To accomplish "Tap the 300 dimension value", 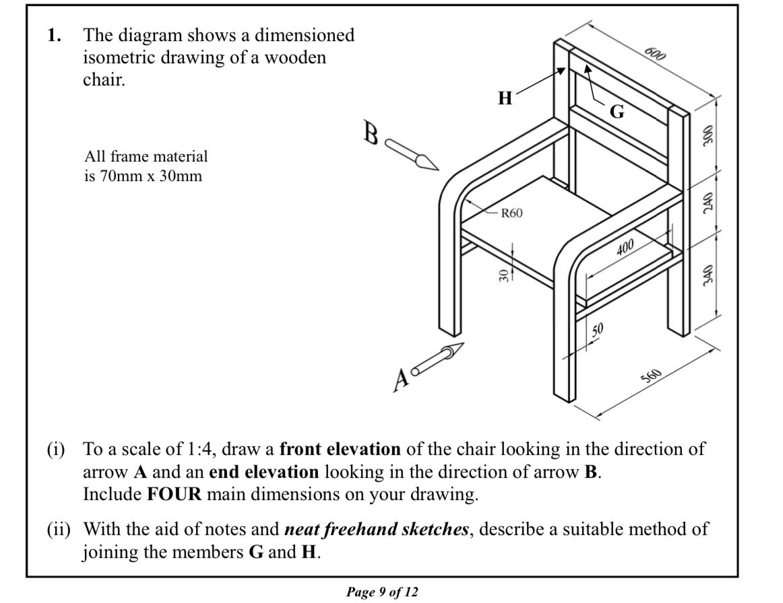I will coord(708,135).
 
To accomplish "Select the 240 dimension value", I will coord(708,201).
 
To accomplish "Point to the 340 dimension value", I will coord(708,273).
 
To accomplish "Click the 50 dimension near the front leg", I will coord(597,329).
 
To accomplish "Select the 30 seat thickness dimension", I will coord(503,276).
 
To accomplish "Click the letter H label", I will coord(505,99).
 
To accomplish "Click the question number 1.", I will coord(55,35).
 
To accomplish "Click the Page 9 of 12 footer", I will coord(382,592).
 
